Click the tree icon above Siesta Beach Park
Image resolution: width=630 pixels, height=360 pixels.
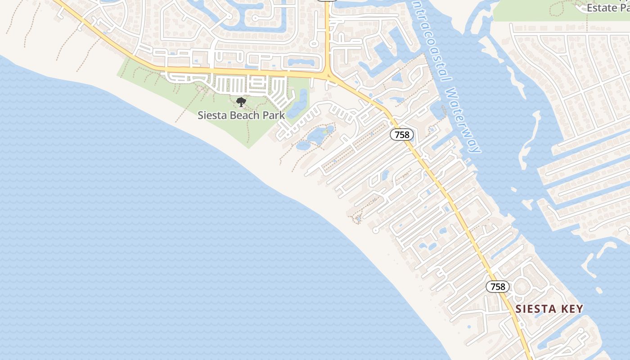pos(241,102)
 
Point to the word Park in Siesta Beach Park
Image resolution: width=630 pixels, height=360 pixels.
pos(274,115)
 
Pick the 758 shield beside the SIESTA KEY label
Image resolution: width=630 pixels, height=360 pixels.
pos(498,287)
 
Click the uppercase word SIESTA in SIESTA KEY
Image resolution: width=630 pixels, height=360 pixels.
pos(535,309)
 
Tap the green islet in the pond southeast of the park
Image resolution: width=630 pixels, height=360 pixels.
pos(325,131)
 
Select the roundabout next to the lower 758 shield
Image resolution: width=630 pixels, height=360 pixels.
pos(522,286)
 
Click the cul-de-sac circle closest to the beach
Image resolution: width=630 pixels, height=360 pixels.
pos(376,231)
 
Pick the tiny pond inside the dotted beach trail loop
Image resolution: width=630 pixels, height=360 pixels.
pos(358,219)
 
